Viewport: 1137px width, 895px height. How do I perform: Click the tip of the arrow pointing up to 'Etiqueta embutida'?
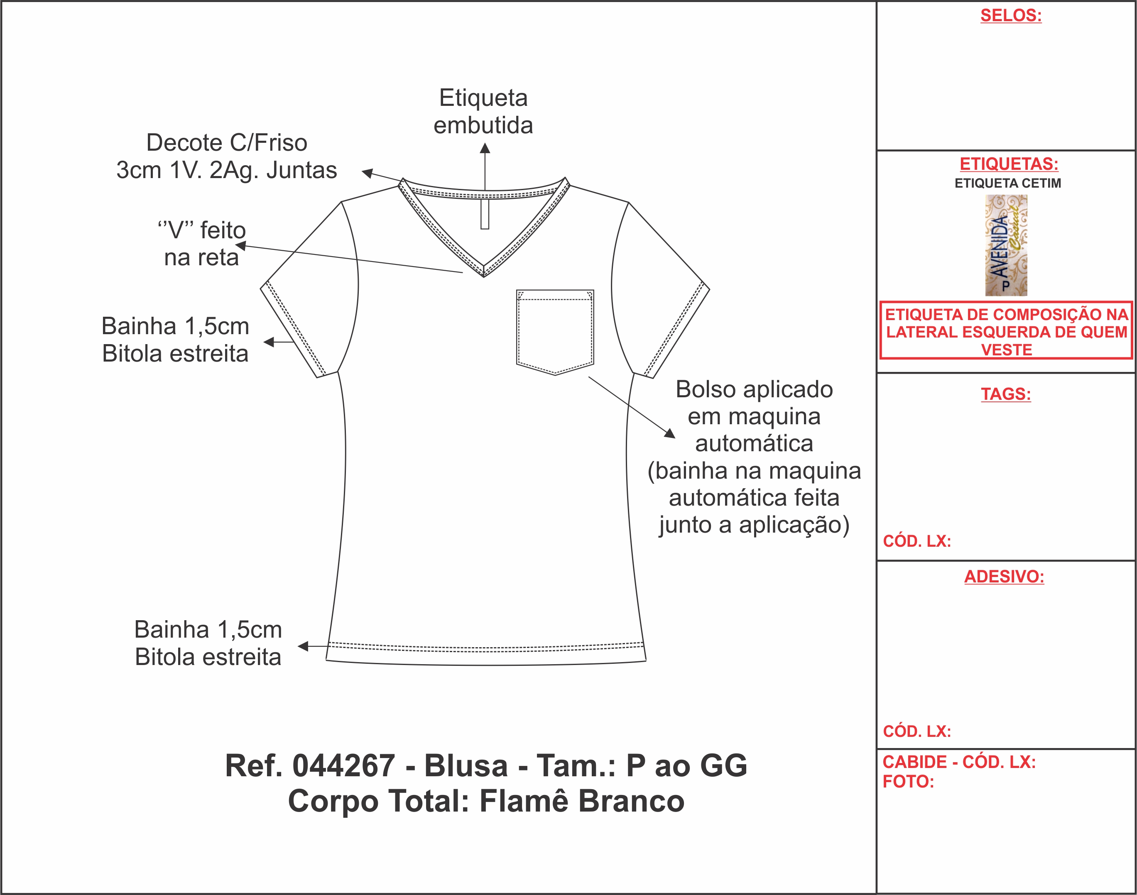[x=485, y=144]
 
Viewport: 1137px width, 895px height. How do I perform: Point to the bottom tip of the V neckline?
[x=484, y=276]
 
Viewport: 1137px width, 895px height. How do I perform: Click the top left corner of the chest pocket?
[x=517, y=290]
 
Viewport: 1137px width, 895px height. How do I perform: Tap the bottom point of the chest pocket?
[x=555, y=375]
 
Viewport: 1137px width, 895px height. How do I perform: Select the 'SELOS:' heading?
[x=1011, y=15]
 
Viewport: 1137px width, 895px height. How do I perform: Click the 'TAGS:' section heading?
[x=1006, y=394]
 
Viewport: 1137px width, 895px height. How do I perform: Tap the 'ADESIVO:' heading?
[x=1005, y=577]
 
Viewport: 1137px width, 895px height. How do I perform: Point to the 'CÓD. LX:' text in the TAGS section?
[x=917, y=541]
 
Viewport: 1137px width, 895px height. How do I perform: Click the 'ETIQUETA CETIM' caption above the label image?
[x=1007, y=183]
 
